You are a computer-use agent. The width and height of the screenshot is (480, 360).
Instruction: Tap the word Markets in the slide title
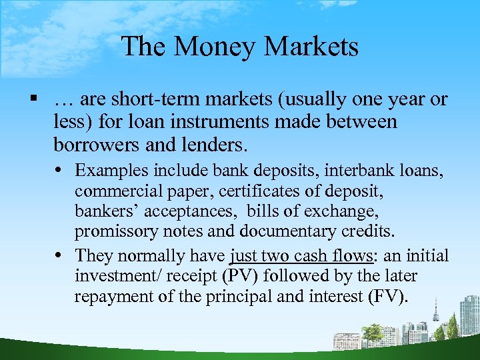(311, 47)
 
